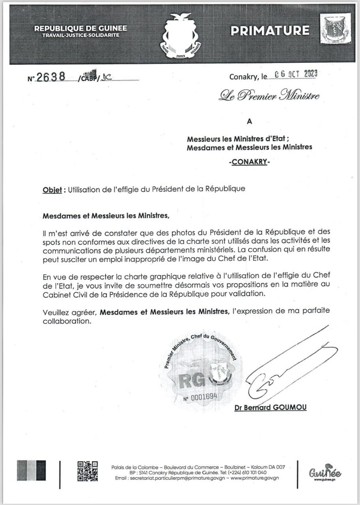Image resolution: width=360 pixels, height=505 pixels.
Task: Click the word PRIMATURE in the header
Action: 270,30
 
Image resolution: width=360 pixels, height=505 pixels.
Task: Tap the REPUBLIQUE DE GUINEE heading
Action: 81,28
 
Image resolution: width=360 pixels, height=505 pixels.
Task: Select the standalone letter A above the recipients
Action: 249,122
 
